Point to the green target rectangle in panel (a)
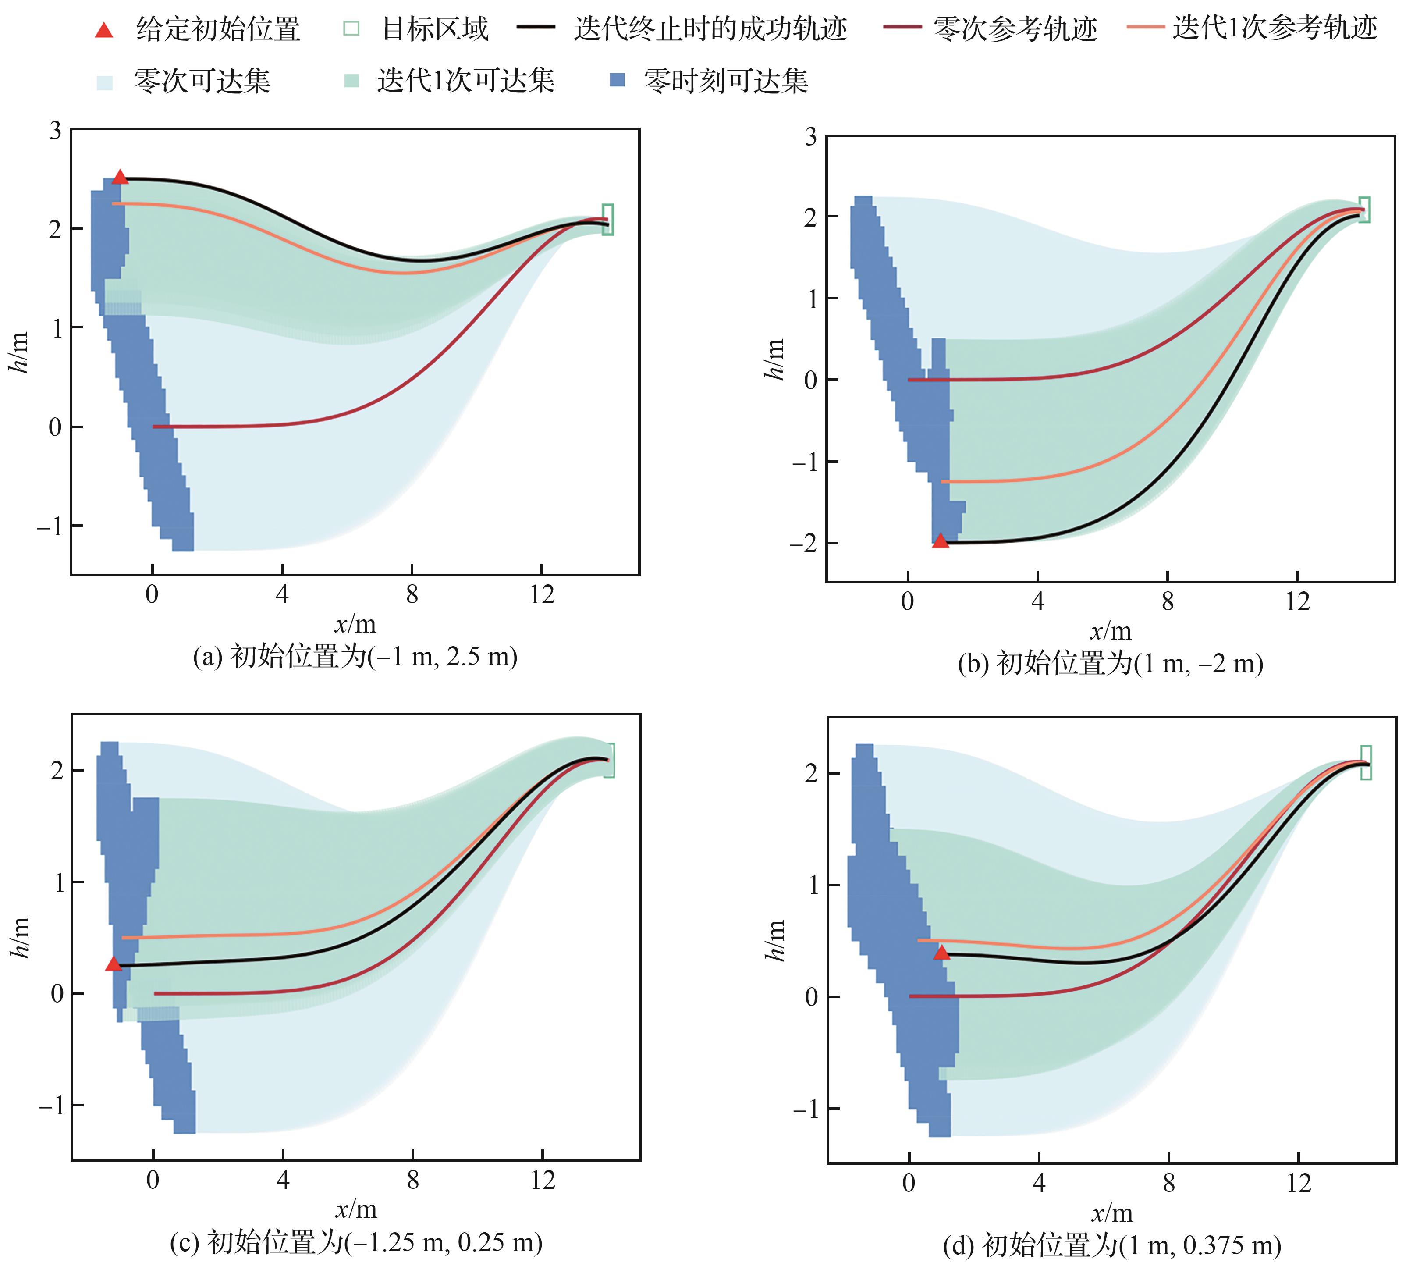[608, 219]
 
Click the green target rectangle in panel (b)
[1364, 210]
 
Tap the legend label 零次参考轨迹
[1015, 29]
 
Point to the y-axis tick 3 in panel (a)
[55, 131]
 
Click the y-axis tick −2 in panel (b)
[803, 543]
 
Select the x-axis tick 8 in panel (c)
[413, 1181]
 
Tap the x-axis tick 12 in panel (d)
[1298, 1183]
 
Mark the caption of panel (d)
[1111, 1245]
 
